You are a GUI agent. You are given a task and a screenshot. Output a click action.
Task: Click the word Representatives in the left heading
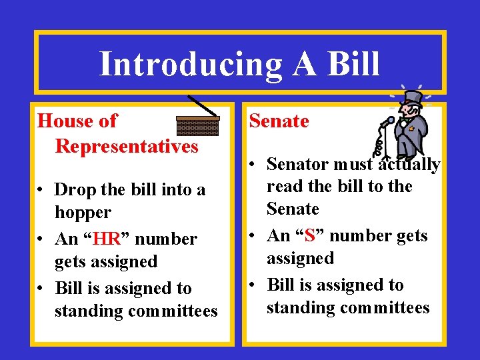click(x=127, y=145)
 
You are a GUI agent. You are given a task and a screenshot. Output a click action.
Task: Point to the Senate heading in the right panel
click(x=279, y=121)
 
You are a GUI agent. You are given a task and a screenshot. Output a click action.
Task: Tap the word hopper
click(x=83, y=213)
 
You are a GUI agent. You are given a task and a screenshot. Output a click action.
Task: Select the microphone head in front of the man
click(x=391, y=121)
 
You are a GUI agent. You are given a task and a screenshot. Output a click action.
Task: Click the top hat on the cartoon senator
click(x=413, y=98)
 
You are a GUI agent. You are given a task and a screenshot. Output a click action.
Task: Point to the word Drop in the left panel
click(x=73, y=190)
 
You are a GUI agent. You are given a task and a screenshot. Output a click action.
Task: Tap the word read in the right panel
click(x=284, y=187)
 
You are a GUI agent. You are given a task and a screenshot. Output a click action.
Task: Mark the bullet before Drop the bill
click(x=41, y=191)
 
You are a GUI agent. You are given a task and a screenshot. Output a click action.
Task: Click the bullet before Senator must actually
click(x=253, y=165)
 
